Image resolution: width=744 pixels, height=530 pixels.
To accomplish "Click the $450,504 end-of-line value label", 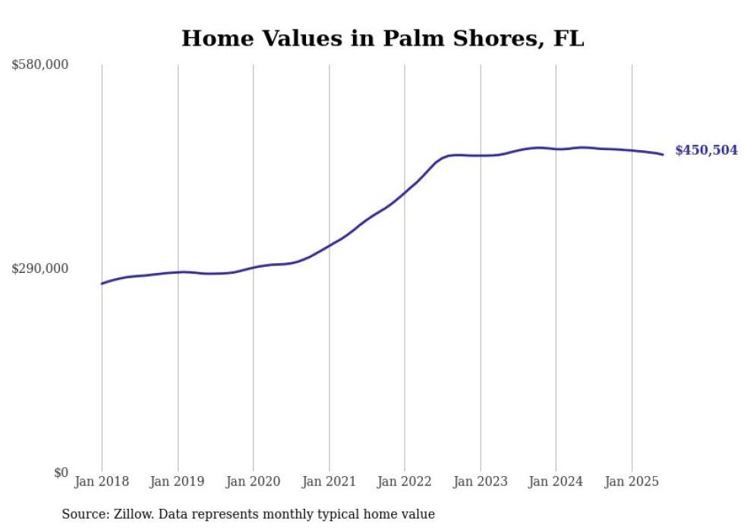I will [705, 151].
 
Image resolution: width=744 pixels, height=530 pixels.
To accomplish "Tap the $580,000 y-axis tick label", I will [40, 65].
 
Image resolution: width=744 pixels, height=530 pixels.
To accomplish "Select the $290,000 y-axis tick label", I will [40, 268].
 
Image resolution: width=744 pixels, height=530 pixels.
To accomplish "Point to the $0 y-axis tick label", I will [61, 472].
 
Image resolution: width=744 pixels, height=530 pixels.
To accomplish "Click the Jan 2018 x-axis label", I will [102, 481].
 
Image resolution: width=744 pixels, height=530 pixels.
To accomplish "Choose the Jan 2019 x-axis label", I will [178, 481].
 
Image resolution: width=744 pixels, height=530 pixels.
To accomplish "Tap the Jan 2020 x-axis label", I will [253, 481].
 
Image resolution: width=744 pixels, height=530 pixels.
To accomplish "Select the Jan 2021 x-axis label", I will [329, 481].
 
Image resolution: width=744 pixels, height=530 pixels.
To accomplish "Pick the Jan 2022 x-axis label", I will [405, 481].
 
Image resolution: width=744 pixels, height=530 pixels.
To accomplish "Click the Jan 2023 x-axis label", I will [480, 481].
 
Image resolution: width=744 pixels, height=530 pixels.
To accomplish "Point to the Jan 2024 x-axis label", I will [556, 481].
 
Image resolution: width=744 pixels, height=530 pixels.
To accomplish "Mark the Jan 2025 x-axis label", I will [632, 481].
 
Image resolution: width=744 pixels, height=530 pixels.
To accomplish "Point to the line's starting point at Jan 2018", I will [102, 284].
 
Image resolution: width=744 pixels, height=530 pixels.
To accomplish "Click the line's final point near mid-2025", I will [664, 155].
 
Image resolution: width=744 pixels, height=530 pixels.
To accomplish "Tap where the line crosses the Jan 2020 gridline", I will [253, 267].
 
